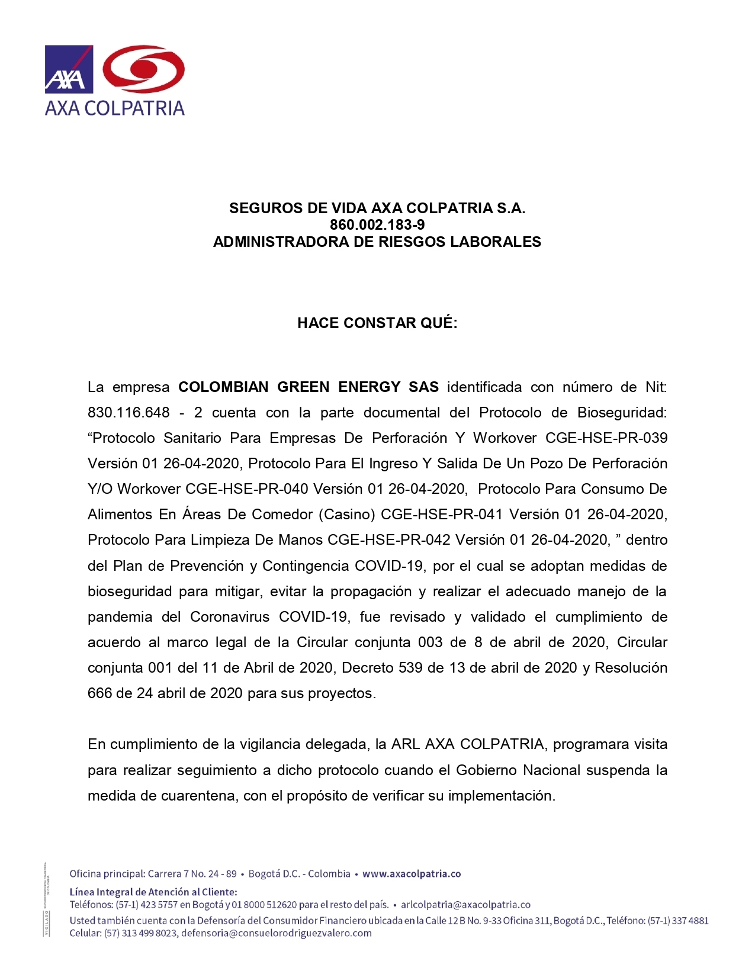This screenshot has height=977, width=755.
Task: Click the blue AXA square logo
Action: (69, 69)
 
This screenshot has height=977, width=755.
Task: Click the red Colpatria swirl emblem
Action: (144, 69)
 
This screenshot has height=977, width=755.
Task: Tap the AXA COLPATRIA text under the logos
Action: (115, 108)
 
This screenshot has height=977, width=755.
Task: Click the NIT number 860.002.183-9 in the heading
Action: (377, 225)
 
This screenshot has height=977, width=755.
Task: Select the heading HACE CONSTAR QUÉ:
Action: (377, 323)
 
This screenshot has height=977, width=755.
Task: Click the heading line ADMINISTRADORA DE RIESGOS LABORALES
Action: (377, 242)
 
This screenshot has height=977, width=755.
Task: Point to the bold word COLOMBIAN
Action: (223, 387)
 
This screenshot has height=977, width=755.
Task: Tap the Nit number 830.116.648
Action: (128, 413)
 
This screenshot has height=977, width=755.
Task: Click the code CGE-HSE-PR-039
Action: (606, 438)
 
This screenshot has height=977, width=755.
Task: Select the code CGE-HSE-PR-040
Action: (247, 489)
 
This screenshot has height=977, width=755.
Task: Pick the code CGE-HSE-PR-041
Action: (442, 515)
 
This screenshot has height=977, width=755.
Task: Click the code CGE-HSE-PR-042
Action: (389, 540)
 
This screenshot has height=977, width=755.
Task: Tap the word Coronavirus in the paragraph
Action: (230, 617)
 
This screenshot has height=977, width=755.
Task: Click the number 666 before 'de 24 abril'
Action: (99, 693)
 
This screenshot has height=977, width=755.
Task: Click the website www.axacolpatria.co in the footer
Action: (412, 874)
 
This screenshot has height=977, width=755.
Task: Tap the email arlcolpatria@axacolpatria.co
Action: (465, 905)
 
